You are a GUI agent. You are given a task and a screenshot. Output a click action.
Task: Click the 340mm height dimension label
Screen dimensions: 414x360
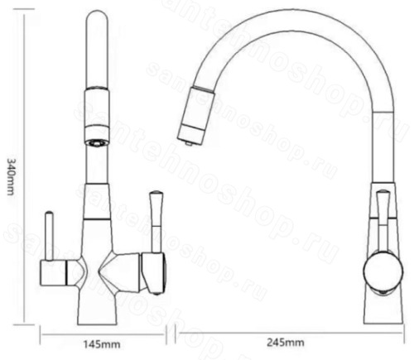pyautogui.click(x=10, y=177)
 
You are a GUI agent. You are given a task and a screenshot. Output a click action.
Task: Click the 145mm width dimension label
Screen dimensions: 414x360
pyautogui.click(x=102, y=344)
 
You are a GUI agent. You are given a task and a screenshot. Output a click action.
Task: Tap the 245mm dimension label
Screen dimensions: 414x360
pyautogui.click(x=286, y=343)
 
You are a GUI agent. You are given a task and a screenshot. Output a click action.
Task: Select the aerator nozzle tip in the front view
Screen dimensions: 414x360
pyautogui.click(x=96, y=143)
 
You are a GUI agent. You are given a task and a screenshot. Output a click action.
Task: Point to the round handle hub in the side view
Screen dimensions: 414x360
pyautogui.click(x=383, y=271)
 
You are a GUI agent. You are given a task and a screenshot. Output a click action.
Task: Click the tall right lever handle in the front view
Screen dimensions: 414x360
pyautogui.click(x=156, y=222)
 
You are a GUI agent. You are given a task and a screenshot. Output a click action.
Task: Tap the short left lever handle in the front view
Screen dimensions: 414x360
pyautogui.click(x=50, y=236)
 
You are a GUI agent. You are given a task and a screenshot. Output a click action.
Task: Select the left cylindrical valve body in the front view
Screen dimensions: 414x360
pyautogui.click(x=54, y=273)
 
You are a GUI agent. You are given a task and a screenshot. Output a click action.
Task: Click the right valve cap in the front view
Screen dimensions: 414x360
pyautogui.click(x=154, y=273)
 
